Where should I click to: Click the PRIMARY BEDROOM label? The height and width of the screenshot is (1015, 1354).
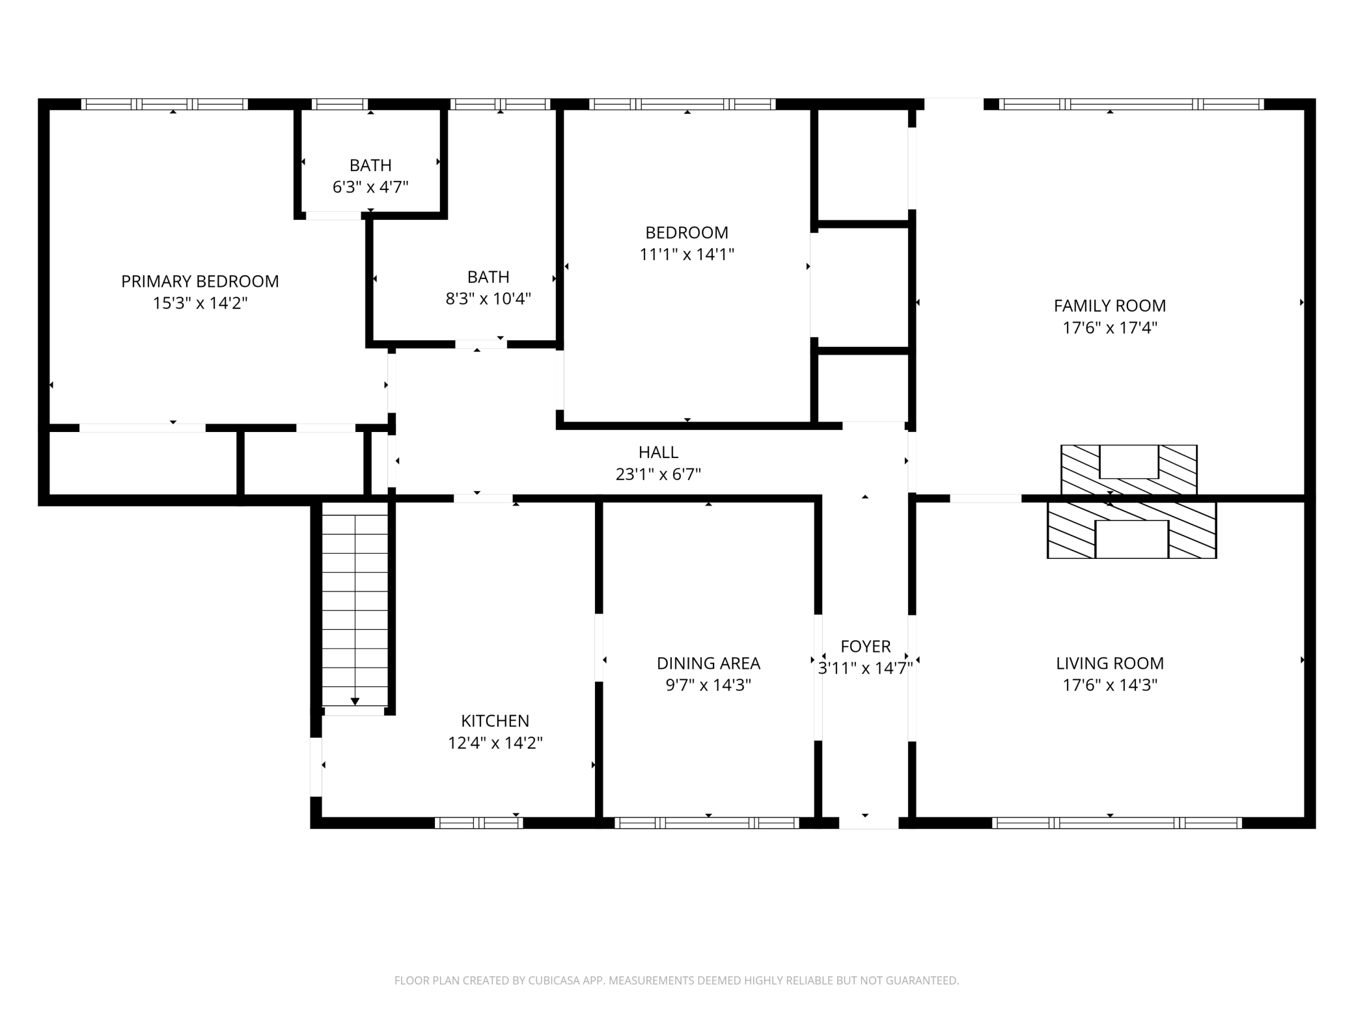pos(200,281)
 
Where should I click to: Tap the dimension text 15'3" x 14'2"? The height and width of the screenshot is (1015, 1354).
pos(200,303)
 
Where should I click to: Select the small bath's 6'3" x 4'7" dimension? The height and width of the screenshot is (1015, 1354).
pos(370,187)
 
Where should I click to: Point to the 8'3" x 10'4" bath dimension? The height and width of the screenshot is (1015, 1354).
pos(488,299)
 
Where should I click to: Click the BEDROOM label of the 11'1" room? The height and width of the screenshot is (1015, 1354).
pos(687,232)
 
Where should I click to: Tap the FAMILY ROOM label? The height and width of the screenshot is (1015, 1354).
pos(1110,305)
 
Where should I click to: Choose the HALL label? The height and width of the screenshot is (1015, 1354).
pos(658,452)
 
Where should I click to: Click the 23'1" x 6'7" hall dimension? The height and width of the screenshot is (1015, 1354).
pos(658,474)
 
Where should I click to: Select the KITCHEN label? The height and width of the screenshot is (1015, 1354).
pos(495,721)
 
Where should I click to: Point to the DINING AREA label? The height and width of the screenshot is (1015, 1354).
pos(708,663)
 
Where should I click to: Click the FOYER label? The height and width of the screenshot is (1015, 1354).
pos(865,646)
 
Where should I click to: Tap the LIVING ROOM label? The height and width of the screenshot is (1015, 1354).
pos(1110,663)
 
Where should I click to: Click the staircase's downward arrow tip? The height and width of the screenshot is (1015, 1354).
pos(355,704)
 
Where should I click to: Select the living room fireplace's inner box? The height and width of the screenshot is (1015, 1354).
pos(1132,539)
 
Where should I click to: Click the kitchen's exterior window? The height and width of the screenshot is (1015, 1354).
pos(478,822)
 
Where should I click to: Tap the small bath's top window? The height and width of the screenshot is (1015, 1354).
pos(339,104)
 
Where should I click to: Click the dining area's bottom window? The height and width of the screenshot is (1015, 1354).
pos(706,822)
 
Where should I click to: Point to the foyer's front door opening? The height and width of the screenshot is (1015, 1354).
pos(868,822)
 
